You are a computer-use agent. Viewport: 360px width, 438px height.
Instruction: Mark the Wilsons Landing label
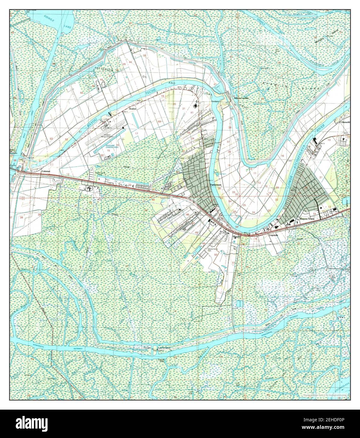[241, 98]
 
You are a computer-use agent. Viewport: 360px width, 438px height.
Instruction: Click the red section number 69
[159, 121]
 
